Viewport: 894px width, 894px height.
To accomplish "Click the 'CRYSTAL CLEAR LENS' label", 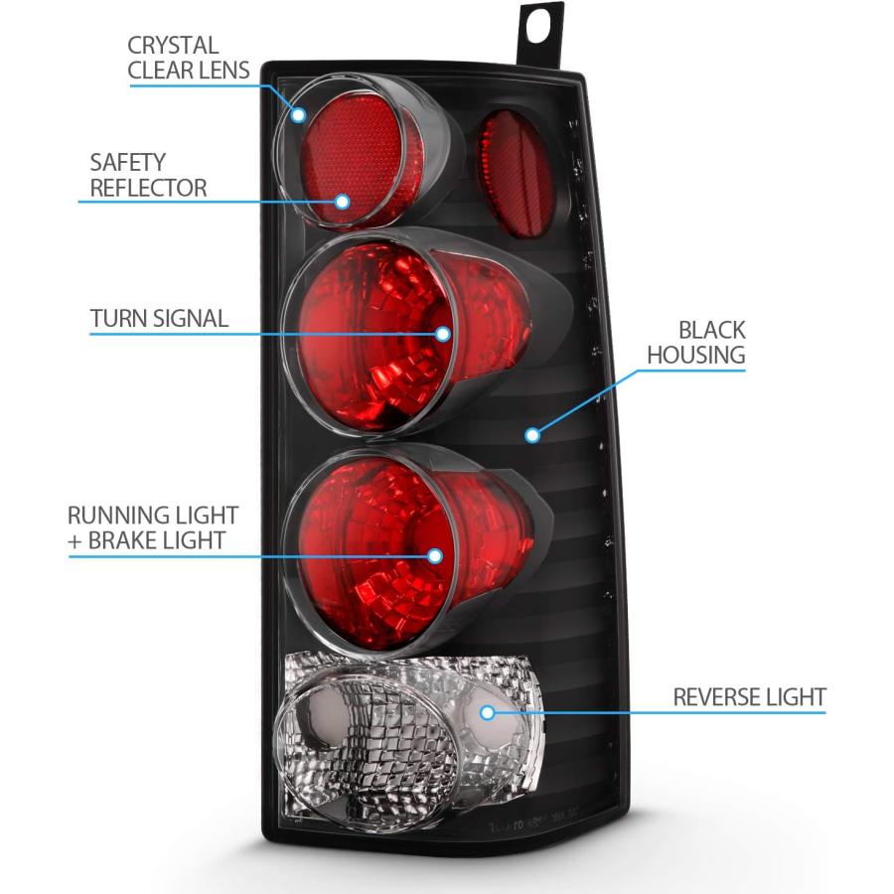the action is (x=188, y=58).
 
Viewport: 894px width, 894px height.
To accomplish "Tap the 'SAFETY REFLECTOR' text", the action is (x=148, y=175).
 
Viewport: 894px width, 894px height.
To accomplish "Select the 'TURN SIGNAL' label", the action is (x=160, y=318).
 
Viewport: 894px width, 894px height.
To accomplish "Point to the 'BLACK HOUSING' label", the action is (x=696, y=342).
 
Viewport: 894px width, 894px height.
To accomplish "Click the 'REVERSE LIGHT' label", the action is (x=749, y=696).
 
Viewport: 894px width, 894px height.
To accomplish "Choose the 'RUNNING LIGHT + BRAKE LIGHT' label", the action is (x=153, y=527).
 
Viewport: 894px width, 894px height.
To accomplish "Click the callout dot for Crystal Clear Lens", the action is (x=298, y=114).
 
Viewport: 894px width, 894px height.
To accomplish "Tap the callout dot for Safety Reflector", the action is (x=342, y=201).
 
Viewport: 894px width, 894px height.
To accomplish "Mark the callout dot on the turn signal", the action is (x=443, y=334).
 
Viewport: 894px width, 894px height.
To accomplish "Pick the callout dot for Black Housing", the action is (x=532, y=436).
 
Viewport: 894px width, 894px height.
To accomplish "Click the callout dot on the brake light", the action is (x=435, y=556).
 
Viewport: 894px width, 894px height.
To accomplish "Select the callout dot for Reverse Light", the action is (x=487, y=712).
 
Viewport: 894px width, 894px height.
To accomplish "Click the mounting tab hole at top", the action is (x=537, y=26).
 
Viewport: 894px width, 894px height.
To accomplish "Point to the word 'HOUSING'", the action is (x=696, y=355).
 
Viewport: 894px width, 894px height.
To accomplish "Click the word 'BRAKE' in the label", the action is (x=120, y=540).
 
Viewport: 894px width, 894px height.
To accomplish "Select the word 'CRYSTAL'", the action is (x=173, y=46).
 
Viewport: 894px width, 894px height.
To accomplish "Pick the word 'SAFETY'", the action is (x=128, y=163).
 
